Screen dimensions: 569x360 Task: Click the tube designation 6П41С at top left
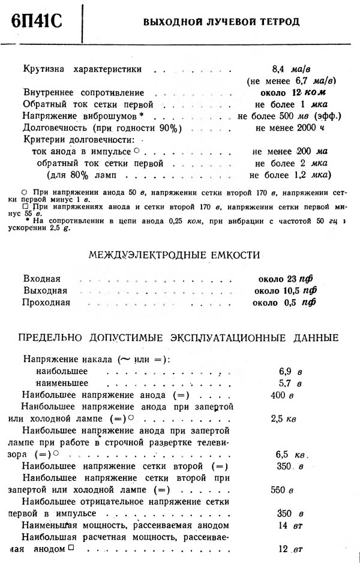[37, 23]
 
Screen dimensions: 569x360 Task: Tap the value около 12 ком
[289, 93]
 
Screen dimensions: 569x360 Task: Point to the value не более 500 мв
[289, 116]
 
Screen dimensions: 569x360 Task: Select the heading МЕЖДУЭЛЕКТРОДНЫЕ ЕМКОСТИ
[174, 255]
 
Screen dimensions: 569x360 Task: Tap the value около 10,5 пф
[285, 291]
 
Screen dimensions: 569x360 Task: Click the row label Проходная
[47, 302]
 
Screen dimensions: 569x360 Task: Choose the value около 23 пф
[284, 279]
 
